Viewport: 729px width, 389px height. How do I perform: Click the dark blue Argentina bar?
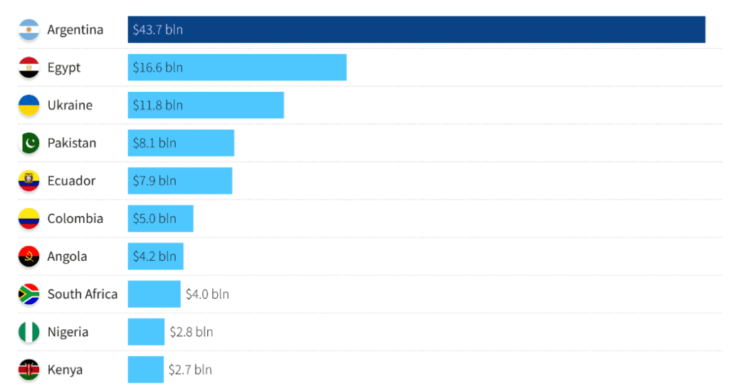416,30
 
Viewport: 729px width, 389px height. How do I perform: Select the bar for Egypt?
237,68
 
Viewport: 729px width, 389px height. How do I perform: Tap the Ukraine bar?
206,105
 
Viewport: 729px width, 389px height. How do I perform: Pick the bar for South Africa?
154,294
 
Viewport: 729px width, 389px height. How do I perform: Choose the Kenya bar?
145,370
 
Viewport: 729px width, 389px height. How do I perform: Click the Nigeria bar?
146,332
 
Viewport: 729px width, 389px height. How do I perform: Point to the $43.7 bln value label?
158,30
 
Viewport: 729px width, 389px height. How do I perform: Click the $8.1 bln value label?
154,143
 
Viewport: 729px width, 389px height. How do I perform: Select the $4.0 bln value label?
207,294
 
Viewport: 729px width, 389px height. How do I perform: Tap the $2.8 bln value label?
191,332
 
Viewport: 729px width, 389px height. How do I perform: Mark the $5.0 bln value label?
154,219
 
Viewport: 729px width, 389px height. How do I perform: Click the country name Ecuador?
71,181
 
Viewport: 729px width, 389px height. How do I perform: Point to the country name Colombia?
75,219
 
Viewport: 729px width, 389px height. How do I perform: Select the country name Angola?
67,256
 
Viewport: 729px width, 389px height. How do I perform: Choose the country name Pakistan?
72,143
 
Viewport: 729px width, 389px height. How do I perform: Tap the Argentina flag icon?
28,30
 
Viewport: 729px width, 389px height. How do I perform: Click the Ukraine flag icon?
28,105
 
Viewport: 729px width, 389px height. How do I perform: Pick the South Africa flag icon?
28,294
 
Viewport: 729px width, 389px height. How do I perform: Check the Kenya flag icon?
28,370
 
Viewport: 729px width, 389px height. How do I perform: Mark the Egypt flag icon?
28,68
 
